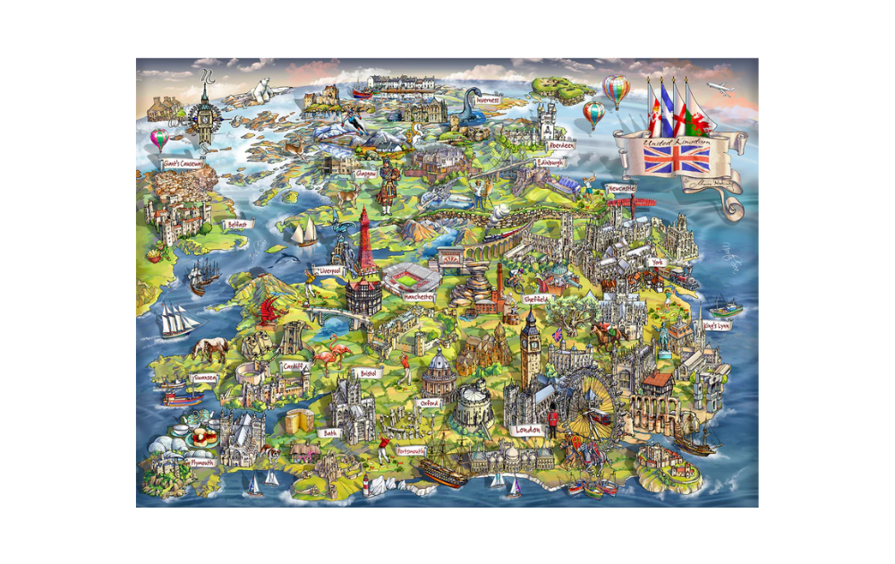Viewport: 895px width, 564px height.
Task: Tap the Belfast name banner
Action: pyautogui.click(x=237, y=225)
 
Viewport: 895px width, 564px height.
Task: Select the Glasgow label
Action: pyautogui.click(x=365, y=174)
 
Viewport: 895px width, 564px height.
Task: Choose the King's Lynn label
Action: pyautogui.click(x=718, y=326)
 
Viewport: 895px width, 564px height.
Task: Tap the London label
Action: pyautogui.click(x=528, y=431)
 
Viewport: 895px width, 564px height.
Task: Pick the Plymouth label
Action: pyautogui.click(x=202, y=463)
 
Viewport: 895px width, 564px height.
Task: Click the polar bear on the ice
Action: pyautogui.click(x=263, y=89)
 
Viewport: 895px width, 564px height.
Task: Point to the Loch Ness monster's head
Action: pyautogui.click(x=475, y=93)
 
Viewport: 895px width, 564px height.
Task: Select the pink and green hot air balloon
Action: pyautogui.click(x=159, y=138)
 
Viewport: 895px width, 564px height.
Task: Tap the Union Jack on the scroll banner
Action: pyautogui.click(x=678, y=159)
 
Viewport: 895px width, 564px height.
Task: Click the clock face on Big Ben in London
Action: pyautogui.click(x=531, y=342)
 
